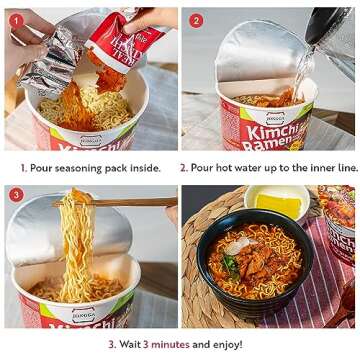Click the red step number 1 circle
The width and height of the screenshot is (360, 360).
[x=17, y=19]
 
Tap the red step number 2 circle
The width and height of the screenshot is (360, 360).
[x=196, y=19]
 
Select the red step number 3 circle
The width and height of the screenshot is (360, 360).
[x=17, y=194]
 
